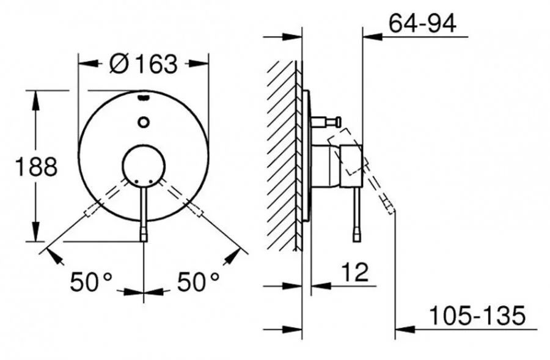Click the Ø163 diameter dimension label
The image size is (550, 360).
(144, 64)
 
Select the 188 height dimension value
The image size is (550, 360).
(37, 167)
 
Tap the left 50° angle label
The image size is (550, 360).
(91, 282)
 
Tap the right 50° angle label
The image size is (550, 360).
(198, 282)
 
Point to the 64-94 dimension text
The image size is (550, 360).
(422, 23)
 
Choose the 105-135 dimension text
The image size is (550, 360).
(477, 315)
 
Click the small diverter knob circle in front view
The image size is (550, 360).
(144, 122)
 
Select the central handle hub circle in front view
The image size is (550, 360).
(144, 165)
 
